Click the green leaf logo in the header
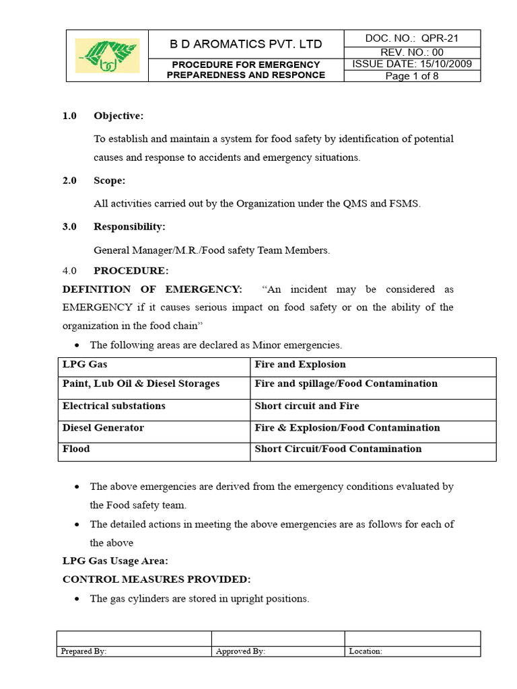(x=108, y=56)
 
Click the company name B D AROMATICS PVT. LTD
(x=246, y=44)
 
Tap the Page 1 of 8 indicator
(x=412, y=76)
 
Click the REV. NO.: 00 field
(x=412, y=52)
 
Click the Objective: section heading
(x=118, y=116)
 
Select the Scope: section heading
(x=109, y=181)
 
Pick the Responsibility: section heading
(x=129, y=227)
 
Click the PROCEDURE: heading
(x=131, y=270)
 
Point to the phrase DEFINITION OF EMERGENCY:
(x=152, y=289)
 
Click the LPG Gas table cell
(x=85, y=365)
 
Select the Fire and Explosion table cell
(x=300, y=365)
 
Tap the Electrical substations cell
(x=114, y=406)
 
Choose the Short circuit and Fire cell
(x=307, y=406)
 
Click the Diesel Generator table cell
(x=103, y=428)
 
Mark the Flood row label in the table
(x=76, y=449)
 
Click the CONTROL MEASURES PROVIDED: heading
(x=156, y=579)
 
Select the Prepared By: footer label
(x=83, y=651)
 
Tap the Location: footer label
(x=366, y=651)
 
